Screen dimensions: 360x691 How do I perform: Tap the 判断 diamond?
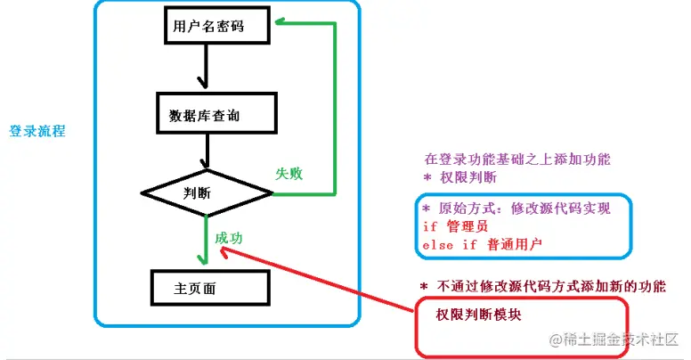click(206, 192)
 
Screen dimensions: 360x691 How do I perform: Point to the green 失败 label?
click(289, 174)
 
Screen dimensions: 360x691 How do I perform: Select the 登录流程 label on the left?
click(37, 130)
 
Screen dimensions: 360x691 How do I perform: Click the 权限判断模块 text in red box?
click(477, 316)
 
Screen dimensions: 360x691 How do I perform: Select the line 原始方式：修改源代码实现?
click(516, 209)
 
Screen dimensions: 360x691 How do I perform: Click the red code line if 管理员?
click(455, 226)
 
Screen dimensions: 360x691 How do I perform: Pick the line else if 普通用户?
click(482, 243)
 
